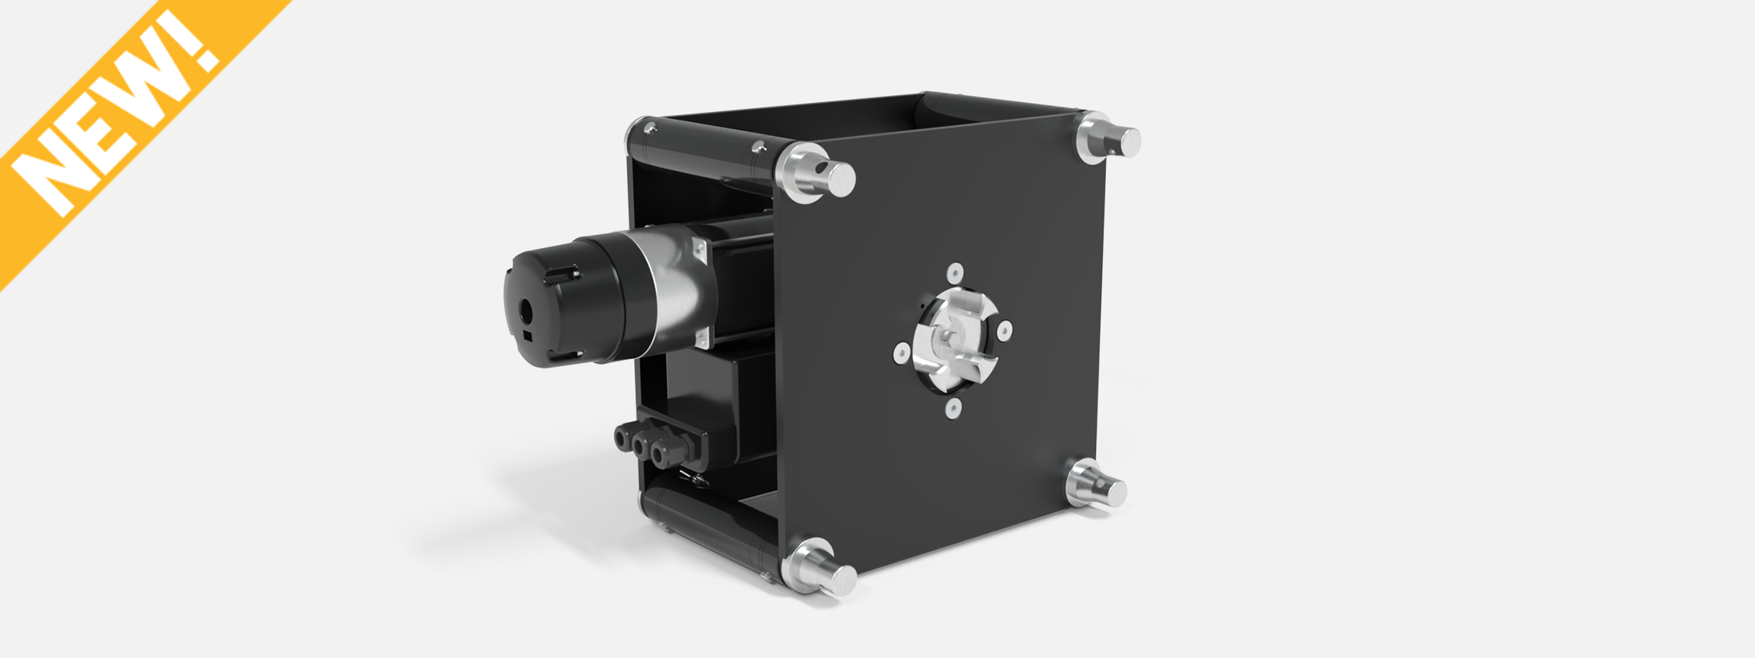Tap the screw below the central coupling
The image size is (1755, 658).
click(952, 409)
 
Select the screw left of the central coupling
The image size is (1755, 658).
click(901, 352)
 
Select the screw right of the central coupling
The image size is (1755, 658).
click(1004, 330)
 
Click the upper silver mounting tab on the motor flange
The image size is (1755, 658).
click(699, 250)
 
